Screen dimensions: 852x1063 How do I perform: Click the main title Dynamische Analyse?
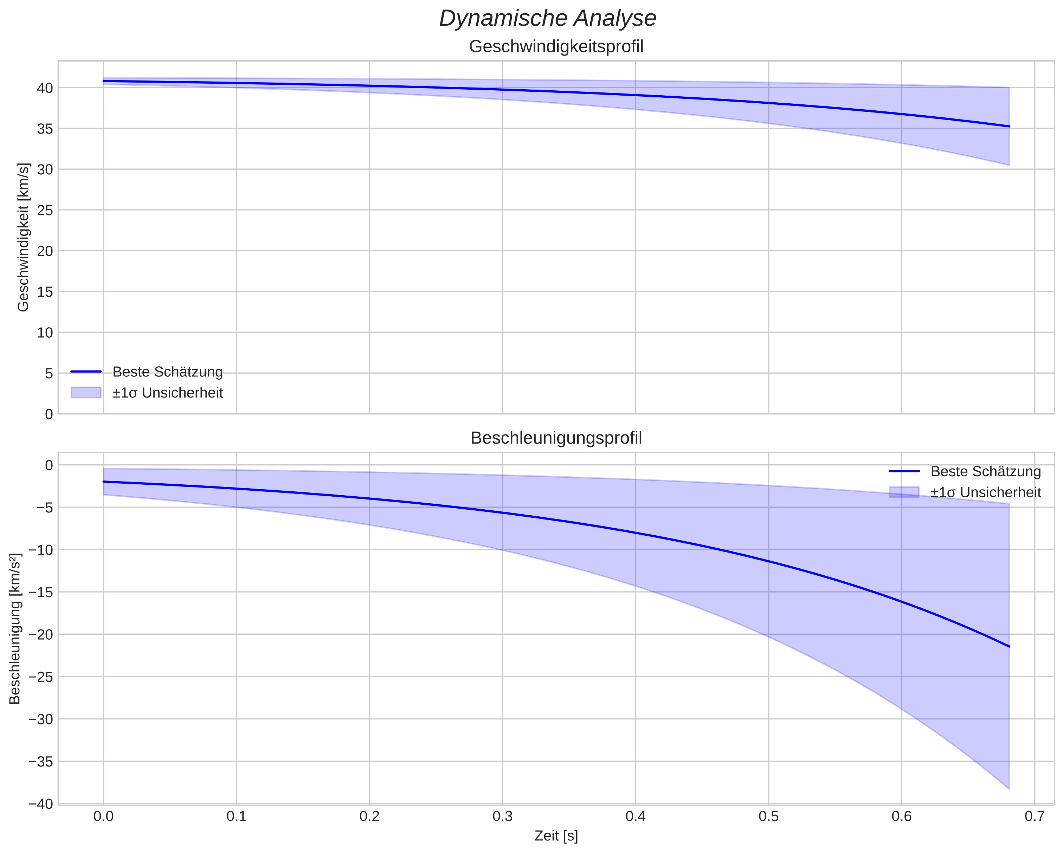547,19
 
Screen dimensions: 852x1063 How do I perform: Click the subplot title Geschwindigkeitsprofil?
556,47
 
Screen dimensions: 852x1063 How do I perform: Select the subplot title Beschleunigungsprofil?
556,438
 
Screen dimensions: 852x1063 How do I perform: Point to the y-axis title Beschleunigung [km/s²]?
15,629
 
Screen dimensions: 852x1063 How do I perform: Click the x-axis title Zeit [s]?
556,836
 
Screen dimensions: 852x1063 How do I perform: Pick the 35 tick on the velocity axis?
45,129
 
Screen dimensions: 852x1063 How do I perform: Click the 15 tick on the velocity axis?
45,292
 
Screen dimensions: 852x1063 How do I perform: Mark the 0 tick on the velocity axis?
49,414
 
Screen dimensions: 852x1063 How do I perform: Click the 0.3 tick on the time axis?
502,816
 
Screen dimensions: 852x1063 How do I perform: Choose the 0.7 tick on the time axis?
1035,816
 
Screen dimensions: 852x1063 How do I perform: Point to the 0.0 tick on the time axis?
104,816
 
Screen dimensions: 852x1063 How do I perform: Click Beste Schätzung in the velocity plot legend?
168,372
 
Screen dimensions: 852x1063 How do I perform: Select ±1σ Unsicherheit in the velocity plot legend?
168,393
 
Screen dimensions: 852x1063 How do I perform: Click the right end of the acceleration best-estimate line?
1009,646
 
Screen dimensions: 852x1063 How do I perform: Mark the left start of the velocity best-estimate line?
104,81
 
